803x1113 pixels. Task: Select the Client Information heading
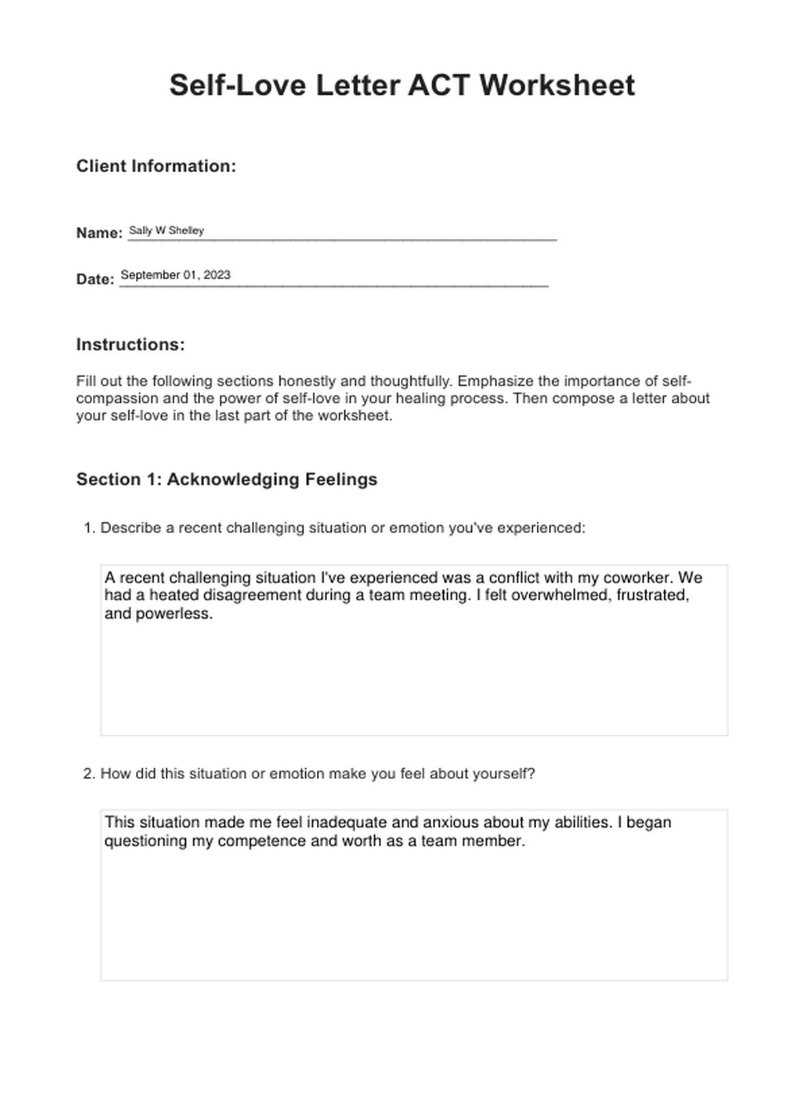click(156, 166)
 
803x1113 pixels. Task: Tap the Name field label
click(99, 233)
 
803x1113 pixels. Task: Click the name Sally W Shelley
click(166, 230)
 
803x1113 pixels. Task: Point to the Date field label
click(95, 279)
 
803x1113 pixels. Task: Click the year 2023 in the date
click(217, 274)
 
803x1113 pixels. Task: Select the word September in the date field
click(150, 274)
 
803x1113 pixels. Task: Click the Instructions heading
click(130, 344)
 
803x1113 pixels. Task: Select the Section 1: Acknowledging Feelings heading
click(227, 479)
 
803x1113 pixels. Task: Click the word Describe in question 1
click(130, 528)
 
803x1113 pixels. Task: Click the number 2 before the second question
click(88, 774)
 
